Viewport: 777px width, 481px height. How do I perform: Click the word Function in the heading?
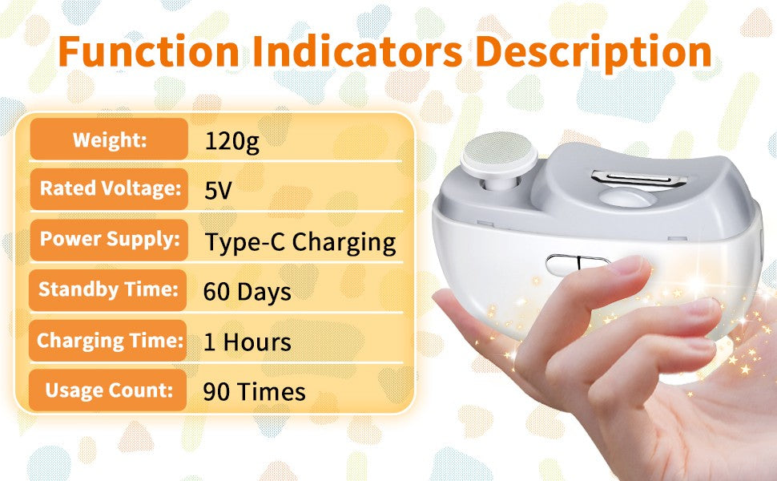(x=149, y=51)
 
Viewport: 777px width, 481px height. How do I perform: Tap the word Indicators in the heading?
(x=357, y=51)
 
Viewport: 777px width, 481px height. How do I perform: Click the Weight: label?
(x=110, y=139)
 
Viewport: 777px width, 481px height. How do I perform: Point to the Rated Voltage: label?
(x=111, y=188)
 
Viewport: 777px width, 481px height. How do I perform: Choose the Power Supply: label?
(x=110, y=239)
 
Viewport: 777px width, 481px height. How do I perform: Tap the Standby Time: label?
(x=108, y=289)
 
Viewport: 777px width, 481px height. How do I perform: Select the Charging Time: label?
(x=110, y=341)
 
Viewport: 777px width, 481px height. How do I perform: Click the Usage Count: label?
(x=109, y=390)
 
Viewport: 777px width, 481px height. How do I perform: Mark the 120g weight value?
(x=231, y=142)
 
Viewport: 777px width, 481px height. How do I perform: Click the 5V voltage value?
(x=218, y=190)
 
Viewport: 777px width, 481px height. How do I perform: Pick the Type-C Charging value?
(x=300, y=243)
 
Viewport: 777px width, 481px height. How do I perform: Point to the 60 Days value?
(x=248, y=292)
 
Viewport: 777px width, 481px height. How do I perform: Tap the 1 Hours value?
(x=248, y=342)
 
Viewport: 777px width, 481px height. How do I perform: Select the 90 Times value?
(x=254, y=392)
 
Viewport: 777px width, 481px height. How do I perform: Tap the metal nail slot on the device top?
(x=639, y=177)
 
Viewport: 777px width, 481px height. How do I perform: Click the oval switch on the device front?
(x=575, y=265)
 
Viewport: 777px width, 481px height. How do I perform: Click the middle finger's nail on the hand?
(x=703, y=308)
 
